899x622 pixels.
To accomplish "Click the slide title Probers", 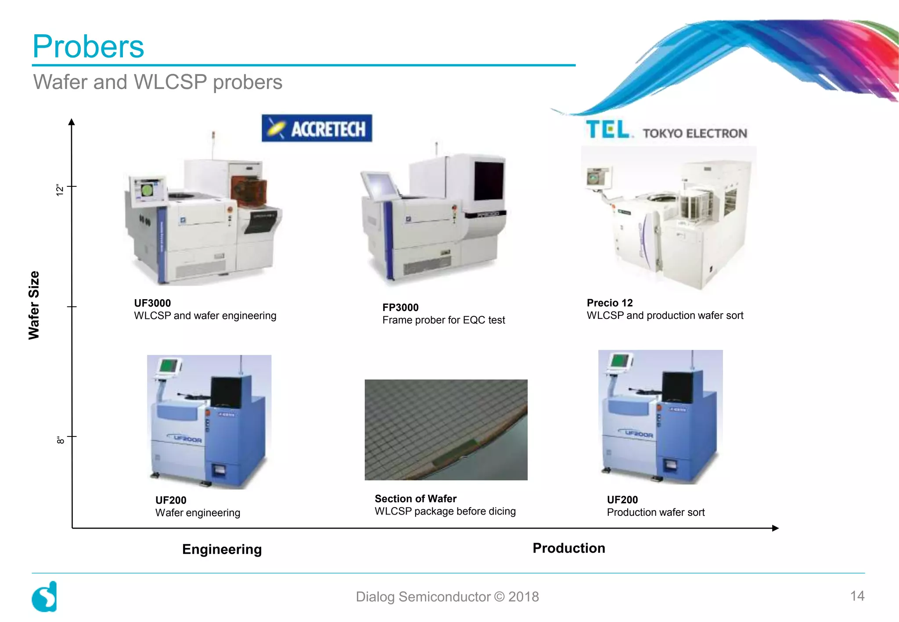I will point(88,46).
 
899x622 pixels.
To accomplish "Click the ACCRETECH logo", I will point(316,129).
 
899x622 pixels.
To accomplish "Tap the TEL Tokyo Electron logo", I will point(666,131).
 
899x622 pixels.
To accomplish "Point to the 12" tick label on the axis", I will point(60,189).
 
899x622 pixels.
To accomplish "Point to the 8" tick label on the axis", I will point(60,440).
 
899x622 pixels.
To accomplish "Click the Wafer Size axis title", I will point(34,305).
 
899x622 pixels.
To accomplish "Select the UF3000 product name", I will point(152,303).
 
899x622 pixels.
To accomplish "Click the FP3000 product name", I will point(400,307).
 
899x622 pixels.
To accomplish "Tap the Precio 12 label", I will point(610,303).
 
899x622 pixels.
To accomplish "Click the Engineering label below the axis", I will point(222,549).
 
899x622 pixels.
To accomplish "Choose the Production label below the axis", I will point(568,548).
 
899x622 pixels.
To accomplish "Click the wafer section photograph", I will point(446,430).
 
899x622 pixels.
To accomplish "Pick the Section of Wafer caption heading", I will point(415,499).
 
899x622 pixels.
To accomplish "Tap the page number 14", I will point(857,596).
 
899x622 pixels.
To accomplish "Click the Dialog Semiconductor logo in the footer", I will point(44,597).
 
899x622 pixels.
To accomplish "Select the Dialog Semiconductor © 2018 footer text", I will point(447,597).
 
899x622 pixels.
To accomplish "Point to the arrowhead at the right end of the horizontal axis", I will point(775,528).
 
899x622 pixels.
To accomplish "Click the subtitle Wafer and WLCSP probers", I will point(158,82).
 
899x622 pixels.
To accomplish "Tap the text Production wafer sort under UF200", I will point(655,512).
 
